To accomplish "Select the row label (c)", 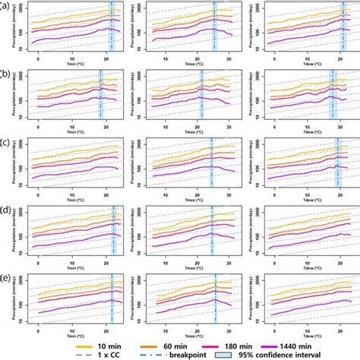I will pos(5,142).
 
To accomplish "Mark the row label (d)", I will pos(5,210).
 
